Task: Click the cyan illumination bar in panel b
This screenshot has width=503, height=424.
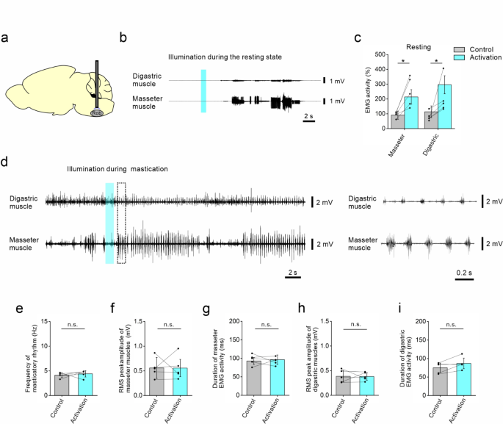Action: (x=204, y=91)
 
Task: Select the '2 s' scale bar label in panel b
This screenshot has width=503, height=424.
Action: (x=309, y=116)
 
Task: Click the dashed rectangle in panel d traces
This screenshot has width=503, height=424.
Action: (x=122, y=223)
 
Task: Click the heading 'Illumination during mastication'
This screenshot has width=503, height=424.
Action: (x=117, y=168)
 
